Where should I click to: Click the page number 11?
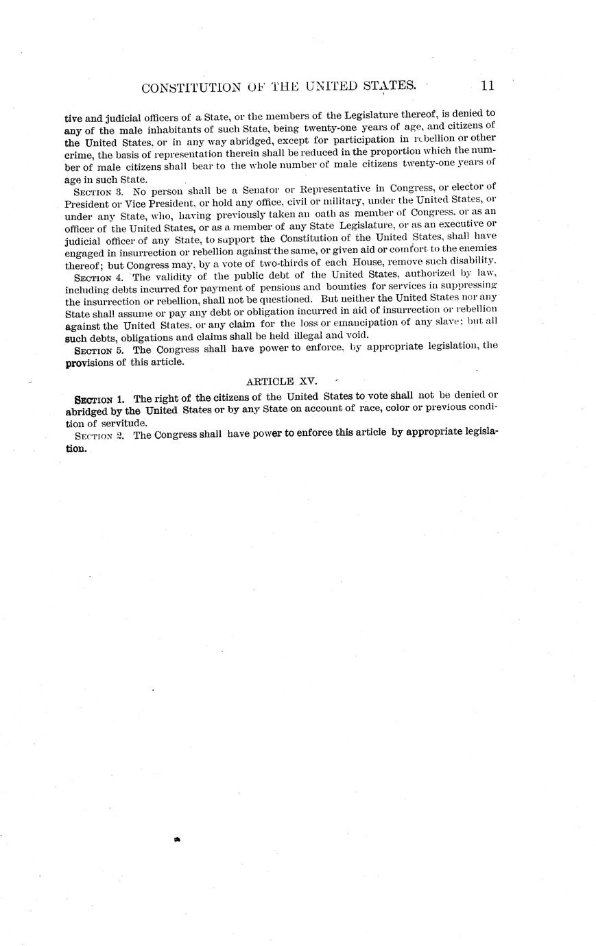(x=488, y=86)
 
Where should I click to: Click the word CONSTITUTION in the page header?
(x=181, y=88)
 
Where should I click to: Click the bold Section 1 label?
(x=99, y=399)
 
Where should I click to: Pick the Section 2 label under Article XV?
(x=99, y=436)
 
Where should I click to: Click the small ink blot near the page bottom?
(x=178, y=838)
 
